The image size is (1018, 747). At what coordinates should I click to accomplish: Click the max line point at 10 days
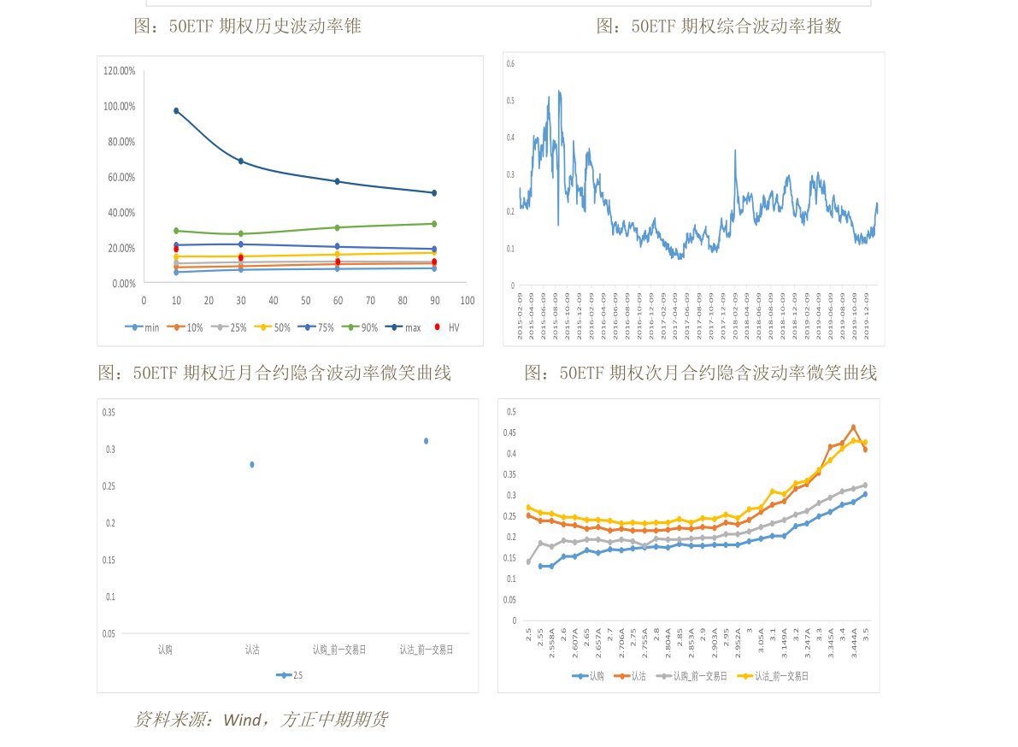click(x=176, y=111)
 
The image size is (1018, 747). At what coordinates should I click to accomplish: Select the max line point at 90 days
click(x=434, y=193)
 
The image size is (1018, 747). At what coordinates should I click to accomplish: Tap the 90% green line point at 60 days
click(x=338, y=227)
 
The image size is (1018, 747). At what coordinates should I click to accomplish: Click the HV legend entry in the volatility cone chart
click(x=448, y=327)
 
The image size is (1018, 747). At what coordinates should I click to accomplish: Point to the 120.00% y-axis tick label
click(x=120, y=71)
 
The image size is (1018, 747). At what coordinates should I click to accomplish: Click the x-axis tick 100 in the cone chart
click(x=468, y=301)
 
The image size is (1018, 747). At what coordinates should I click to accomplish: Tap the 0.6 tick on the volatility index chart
click(x=510, y=64)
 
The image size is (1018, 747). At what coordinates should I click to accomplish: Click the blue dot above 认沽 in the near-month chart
click(x=252, y=464)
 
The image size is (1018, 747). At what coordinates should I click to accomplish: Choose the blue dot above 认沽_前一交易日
click(x=426, y=441)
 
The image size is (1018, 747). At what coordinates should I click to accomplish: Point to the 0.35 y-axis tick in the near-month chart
click(x=109, y=413)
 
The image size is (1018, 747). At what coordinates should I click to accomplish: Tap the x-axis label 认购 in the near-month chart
click(x=165, y=650)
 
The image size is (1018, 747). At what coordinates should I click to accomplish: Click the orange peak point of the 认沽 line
click(x=853, y=427)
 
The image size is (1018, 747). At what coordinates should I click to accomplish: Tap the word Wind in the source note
click(x=242, y=720)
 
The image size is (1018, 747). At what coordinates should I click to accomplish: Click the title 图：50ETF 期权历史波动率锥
click(x=248, y=26)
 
